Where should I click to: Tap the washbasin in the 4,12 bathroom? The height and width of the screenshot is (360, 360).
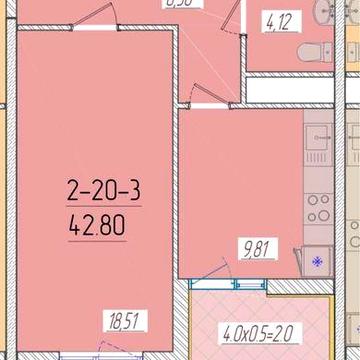pyautogui.click(x=322, y=12)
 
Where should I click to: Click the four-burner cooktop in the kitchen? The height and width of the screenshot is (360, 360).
pyautogui.click(x=317, y=207)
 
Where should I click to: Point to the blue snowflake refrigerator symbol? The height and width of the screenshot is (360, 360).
pyautogui.click(x=318, y=262)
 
